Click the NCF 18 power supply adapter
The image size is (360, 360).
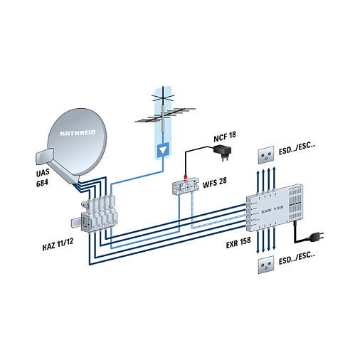point(225,150)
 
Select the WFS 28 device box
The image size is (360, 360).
point(186,185)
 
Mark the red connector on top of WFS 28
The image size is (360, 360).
point(186,174)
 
